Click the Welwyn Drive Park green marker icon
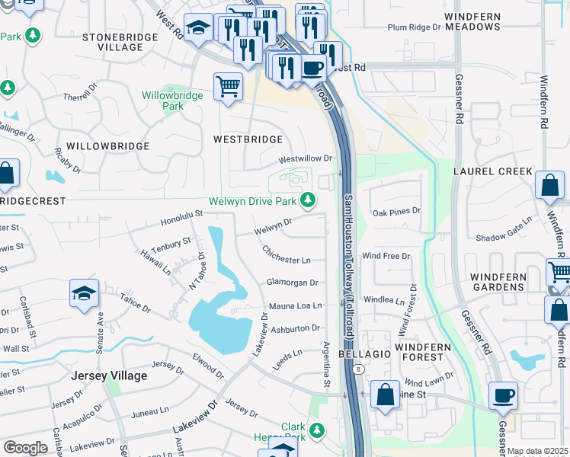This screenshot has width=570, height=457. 308,201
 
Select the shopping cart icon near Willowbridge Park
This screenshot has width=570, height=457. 228,87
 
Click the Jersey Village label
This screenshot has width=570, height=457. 109,376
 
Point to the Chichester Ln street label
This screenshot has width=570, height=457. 287,254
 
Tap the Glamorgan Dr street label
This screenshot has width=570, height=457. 291,282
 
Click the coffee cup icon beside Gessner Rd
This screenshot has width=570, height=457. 504,396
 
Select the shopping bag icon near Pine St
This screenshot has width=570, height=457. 386,395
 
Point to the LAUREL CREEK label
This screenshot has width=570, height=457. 493,171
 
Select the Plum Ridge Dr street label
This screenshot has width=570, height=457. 414,27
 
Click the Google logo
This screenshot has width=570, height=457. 25,448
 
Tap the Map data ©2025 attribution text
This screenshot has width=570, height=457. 537,452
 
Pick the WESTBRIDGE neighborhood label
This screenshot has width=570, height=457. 248,139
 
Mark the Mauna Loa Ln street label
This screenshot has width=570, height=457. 296,305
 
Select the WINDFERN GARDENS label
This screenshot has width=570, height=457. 497,282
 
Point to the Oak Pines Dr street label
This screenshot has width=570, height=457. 395,211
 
